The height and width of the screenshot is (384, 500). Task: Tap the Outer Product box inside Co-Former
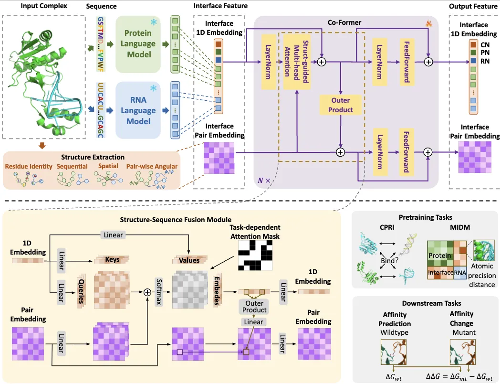point(340,105)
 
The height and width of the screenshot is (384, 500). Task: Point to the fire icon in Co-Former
point(428,22)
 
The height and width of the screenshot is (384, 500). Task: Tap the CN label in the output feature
point(485,44)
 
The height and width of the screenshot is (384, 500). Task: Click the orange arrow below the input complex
point(42,145)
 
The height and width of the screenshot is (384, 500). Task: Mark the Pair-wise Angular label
point(152,166)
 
